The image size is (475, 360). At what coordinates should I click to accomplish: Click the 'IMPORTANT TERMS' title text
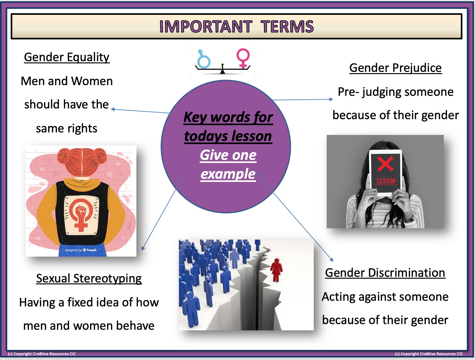point(236,26)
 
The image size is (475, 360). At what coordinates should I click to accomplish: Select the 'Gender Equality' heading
point(66,57)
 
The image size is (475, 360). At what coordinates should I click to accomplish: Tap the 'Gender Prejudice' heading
point(395,68)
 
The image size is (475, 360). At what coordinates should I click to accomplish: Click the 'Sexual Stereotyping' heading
point(89,278)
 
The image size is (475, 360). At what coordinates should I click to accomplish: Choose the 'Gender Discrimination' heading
point(385,273)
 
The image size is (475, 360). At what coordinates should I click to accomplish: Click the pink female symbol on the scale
point(243,58)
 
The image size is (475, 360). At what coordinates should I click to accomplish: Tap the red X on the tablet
point(386,164)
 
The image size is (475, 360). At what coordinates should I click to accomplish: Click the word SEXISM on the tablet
point(386,181)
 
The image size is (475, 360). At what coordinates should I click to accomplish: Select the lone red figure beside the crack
point(276,269)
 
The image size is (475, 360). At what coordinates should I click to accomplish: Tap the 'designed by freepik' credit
point(81,250)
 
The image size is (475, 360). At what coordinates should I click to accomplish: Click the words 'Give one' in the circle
point(228,155)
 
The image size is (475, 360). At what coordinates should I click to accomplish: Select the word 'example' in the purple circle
point(228,174)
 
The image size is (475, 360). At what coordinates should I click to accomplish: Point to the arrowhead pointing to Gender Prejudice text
point(331,99)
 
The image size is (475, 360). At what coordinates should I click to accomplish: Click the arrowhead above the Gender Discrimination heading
point(331,260)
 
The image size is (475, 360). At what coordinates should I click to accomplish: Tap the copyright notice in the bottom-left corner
point(42,354)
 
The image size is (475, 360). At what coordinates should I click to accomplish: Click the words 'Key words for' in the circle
point(228,117)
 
